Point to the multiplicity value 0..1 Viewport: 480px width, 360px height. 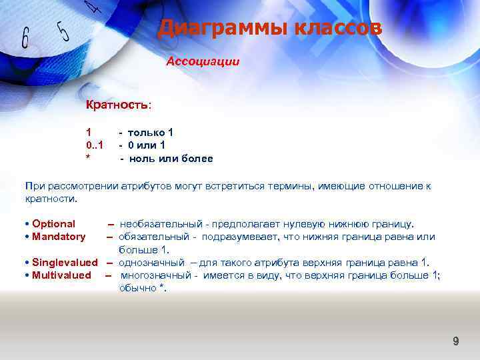pos(94,145)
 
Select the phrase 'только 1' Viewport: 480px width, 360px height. pos(151,132)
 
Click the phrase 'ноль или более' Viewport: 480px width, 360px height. pos(171,159)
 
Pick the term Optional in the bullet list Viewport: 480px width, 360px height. pos(53,224)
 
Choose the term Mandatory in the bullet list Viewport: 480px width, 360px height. pos(59,237)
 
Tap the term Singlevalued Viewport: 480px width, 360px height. pos(65,263)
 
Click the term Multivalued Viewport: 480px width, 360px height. pos(61,275)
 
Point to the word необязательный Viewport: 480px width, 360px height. pos(161,224)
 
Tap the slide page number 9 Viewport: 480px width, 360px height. pos(456,342)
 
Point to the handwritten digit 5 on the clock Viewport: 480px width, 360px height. pos(63,30)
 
